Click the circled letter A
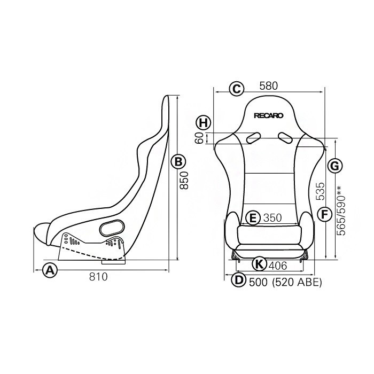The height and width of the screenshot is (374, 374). click(50, 270)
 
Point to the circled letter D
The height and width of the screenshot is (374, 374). click(239, 280)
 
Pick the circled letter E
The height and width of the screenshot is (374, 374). click(253, 217)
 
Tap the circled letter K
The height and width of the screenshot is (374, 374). click(258, 263)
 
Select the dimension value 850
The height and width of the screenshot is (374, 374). click(184, 183)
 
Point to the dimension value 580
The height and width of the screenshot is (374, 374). click(270, 86)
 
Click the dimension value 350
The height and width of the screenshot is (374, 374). click(272, 218)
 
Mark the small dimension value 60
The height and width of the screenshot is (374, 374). click(199, 138)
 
